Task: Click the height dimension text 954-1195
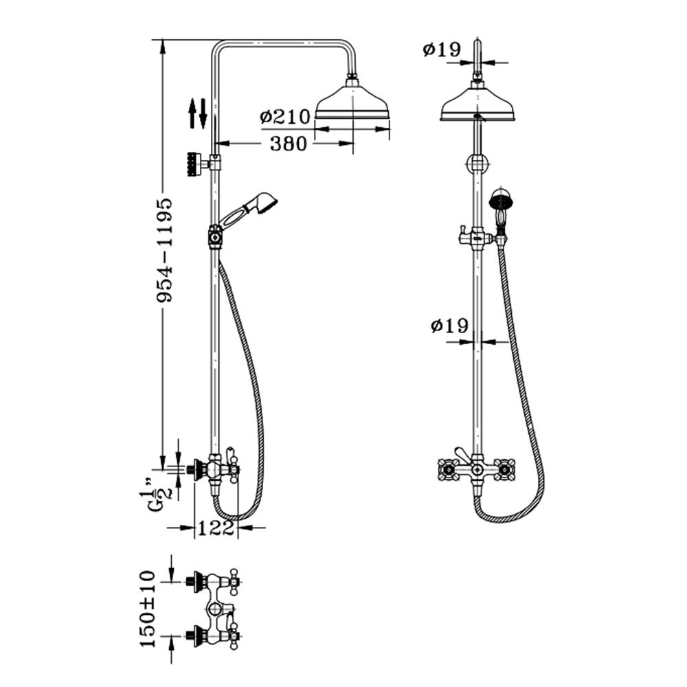click(x=164, y=251)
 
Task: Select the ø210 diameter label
click(x=284, y=117)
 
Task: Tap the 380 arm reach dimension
click(x=289, y=144)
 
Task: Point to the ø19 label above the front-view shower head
click(x=440, y=49)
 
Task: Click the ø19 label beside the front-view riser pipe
click(x=449, y=325)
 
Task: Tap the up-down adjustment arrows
click(x=198, y=113)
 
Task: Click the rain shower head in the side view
click(x=352, y=103)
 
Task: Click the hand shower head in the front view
click(x=501, y=201)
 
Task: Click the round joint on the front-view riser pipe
click(x=477, y=164)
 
